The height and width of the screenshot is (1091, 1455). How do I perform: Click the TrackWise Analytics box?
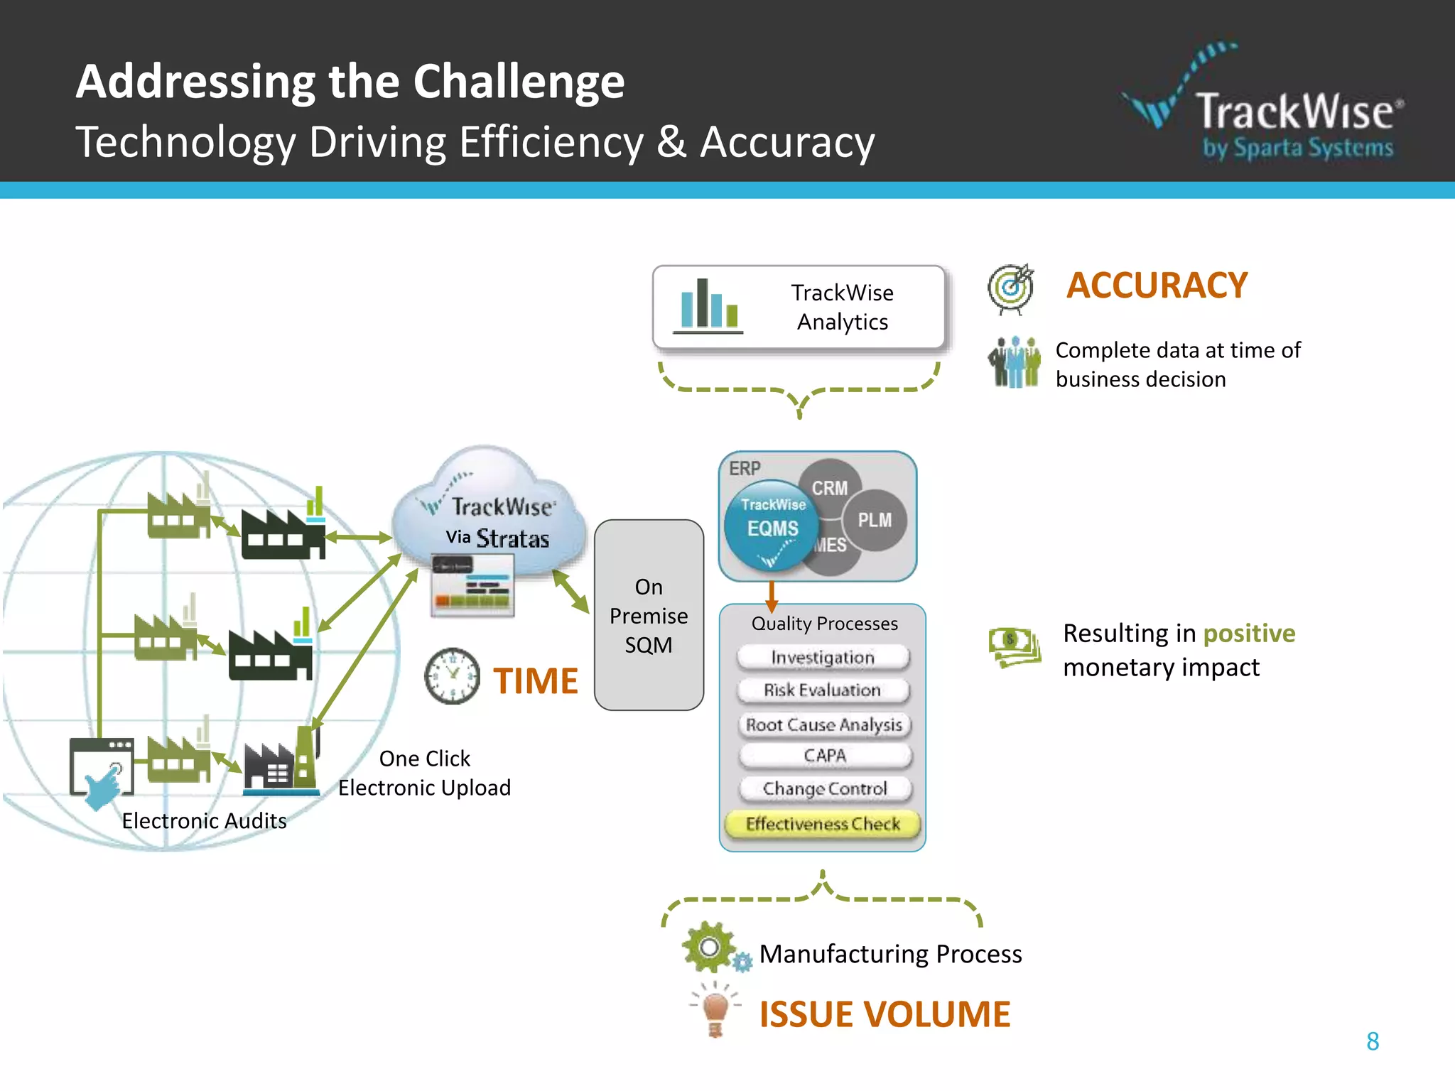coord(799,307)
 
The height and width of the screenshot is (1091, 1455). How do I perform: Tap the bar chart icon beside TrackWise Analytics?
coord(708,305)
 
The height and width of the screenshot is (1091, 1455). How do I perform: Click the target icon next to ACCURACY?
coord(1010,288)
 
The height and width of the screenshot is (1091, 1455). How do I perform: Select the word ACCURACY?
coord(1157,286)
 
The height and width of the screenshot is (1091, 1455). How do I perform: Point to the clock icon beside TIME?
coord(452,675)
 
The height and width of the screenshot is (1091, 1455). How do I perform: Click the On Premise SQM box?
coord(649,615)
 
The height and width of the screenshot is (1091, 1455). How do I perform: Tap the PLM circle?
coord(875,520)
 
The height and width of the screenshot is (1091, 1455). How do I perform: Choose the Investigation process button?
coord(823,658)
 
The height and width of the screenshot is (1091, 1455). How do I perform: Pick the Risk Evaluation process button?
coord(823,690)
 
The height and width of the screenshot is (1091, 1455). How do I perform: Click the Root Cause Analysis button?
coord(823,724)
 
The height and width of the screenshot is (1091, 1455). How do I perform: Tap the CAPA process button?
coord(824,756)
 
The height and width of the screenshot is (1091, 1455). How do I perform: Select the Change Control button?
coord(824,788)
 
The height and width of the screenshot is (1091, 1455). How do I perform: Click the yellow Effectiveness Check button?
coord(823,824)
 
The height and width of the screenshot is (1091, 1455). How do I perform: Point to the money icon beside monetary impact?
coord(1015,646)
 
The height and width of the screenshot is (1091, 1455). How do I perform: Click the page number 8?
coord(1373,1041)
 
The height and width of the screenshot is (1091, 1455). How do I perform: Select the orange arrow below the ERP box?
coord(772,596)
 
